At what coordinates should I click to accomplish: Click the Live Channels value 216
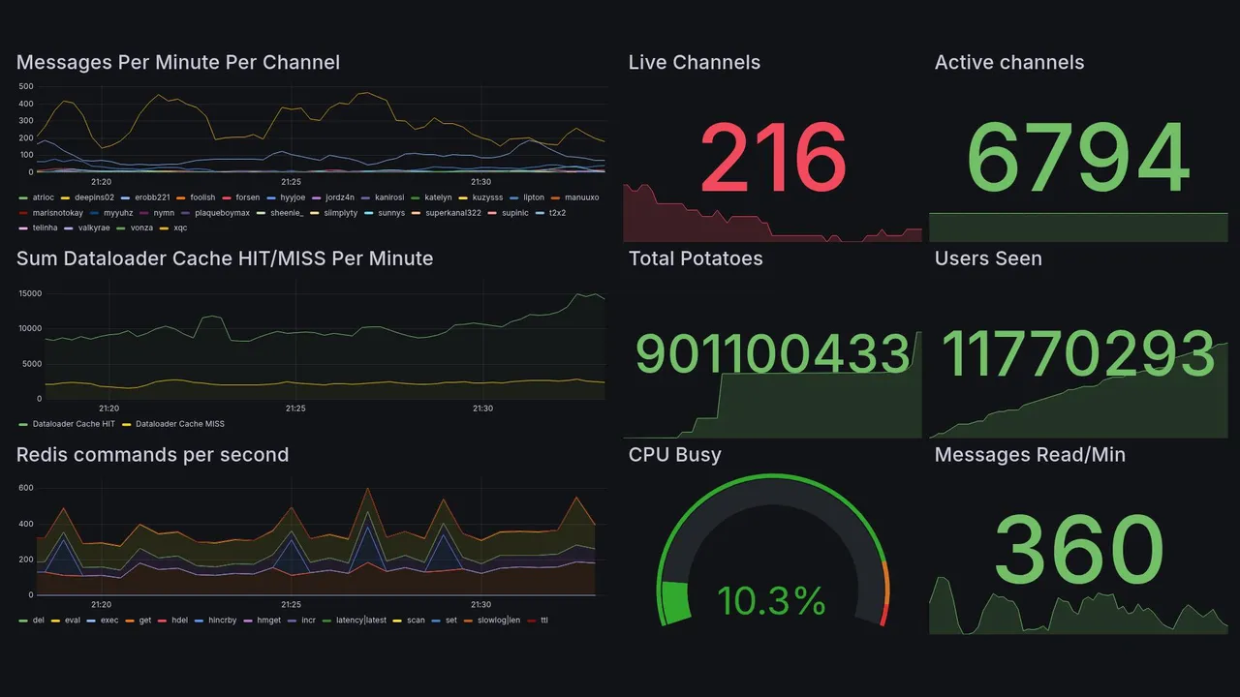pos(773,158)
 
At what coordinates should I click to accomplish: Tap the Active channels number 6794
pos(1077,158)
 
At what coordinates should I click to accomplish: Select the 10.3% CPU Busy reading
pos(771,601)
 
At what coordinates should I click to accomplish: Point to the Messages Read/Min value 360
pos(1078,549)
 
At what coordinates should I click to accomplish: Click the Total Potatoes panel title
pos(695,258)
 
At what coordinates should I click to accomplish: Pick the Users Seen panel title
pos(987,258)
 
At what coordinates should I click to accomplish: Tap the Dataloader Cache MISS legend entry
pos(179,424)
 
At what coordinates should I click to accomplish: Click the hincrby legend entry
pos(222,620)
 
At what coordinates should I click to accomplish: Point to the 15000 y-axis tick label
pos(29,293)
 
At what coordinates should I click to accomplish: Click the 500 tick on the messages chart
pos(26,86)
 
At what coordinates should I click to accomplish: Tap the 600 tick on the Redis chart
pos(26,488)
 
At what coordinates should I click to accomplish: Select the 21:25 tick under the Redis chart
pos(291,605)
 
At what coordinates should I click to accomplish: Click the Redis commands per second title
pos(152,455)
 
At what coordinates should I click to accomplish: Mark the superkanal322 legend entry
pos(453,212)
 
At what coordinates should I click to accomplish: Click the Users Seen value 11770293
pos(1077,353)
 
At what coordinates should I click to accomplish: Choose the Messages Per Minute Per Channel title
pos(178,63)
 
